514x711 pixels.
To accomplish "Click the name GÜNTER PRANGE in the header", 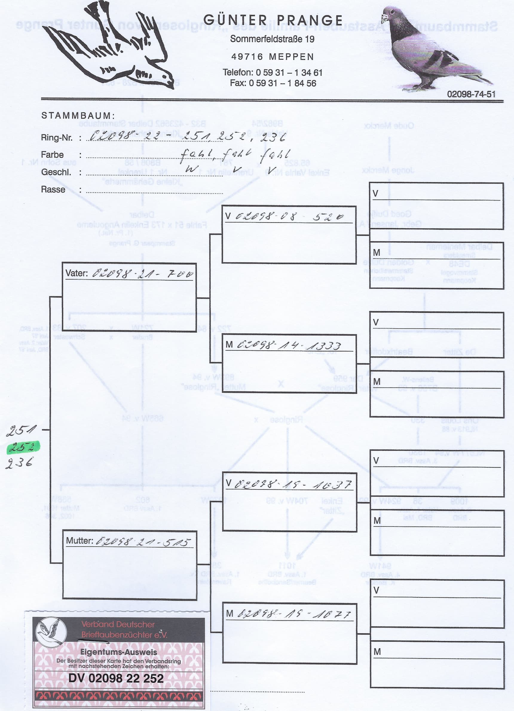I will pyautogui.click(x=273, y=20).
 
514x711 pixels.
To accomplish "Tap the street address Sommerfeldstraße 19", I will pyautogui.click(x=272, y=39).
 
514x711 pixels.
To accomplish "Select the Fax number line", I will pyautogui.click(x=273, y=83).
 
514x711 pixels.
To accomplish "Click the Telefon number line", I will pyautogui.click(x=272, y=72).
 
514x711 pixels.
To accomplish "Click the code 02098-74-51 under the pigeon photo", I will pyautogui.click(x=471, y=94).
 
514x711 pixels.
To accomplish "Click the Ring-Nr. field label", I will pyautogui.click(x=57, y=138).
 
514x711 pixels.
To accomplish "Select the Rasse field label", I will pyautogui.click(x=53, y=190).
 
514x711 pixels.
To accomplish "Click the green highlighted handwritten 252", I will pyautogui.click(x=23, y=447).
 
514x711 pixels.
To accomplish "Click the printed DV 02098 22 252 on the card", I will pyautogui.click(x=116, y=678).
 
